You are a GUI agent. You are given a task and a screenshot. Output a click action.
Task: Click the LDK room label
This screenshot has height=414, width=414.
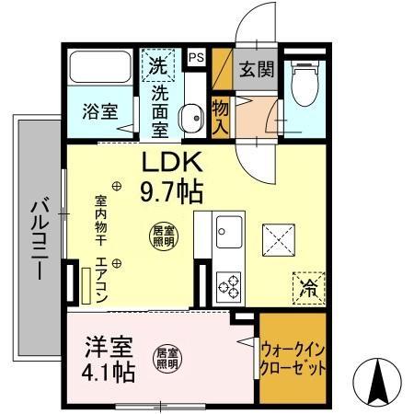tap(170, 163)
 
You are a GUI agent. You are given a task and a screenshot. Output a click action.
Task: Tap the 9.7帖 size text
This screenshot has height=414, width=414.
tap(170, 192)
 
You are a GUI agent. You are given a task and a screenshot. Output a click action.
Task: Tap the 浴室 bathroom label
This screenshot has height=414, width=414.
tap(99, 111)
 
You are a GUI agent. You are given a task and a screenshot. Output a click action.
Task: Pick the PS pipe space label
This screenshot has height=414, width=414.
tap(196, 57)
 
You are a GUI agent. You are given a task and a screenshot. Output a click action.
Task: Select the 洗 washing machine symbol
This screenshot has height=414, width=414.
tap(158, 66)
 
